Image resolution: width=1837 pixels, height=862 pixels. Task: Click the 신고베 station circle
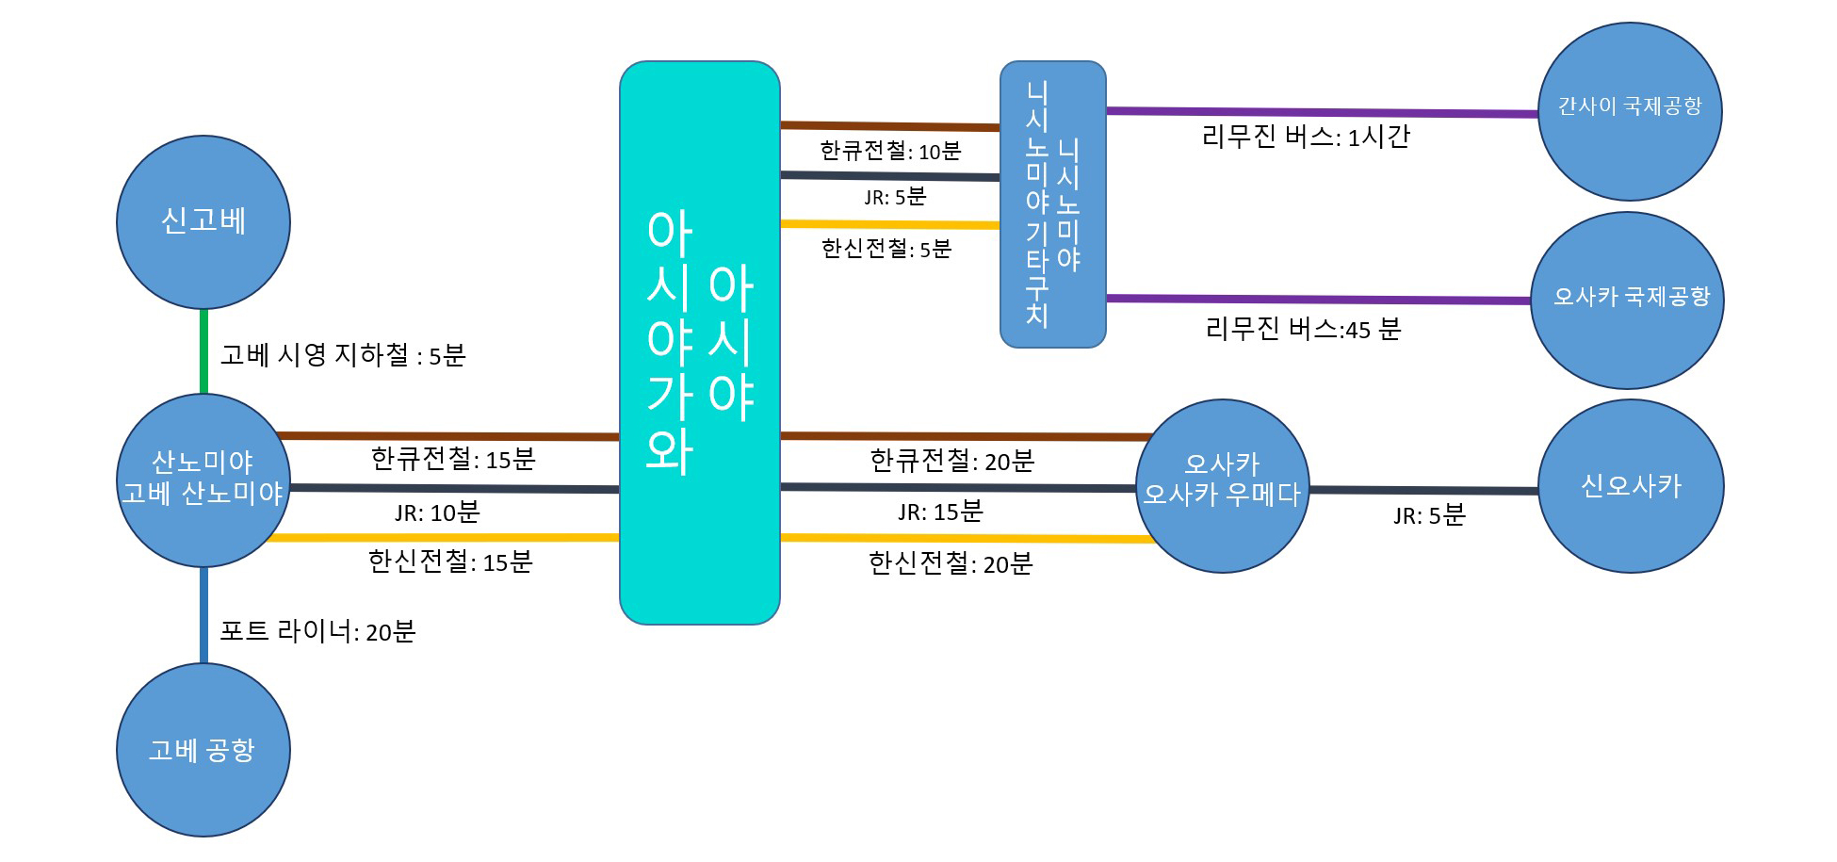[203, 222]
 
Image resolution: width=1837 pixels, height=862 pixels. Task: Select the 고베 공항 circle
[203, 750]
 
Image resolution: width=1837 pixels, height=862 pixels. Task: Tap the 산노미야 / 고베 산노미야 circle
[203, 480]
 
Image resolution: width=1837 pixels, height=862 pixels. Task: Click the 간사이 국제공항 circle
[1630, 111]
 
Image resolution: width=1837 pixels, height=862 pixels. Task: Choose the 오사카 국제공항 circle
[1627, 301]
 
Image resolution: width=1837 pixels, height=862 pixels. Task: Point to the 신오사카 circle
[1631, 486]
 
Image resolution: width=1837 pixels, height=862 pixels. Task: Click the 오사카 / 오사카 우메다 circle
[1223, 486]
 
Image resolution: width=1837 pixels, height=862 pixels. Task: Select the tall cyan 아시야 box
[700, 343]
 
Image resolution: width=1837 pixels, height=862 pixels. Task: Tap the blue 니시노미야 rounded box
[1053, 204]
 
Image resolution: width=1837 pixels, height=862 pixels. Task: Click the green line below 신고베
[203, 351]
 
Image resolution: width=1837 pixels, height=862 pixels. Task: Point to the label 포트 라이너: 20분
[317, 631]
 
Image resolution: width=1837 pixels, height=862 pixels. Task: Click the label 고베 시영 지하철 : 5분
[343, 355]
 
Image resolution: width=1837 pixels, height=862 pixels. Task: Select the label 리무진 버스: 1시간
[1306, 137]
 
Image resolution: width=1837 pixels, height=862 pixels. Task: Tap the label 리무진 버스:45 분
[1303, 329]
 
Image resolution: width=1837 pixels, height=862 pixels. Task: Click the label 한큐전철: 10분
[890, 151]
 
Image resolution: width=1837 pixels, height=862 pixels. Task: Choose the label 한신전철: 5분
[886, 249]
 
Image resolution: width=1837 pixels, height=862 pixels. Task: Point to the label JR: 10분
[437, 512]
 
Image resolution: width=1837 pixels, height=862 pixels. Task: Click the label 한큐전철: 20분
[952, 461]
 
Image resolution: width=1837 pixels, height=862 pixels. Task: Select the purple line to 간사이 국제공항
[1323, 112]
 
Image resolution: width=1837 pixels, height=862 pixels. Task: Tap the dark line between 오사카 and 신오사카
[1423, 490]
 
